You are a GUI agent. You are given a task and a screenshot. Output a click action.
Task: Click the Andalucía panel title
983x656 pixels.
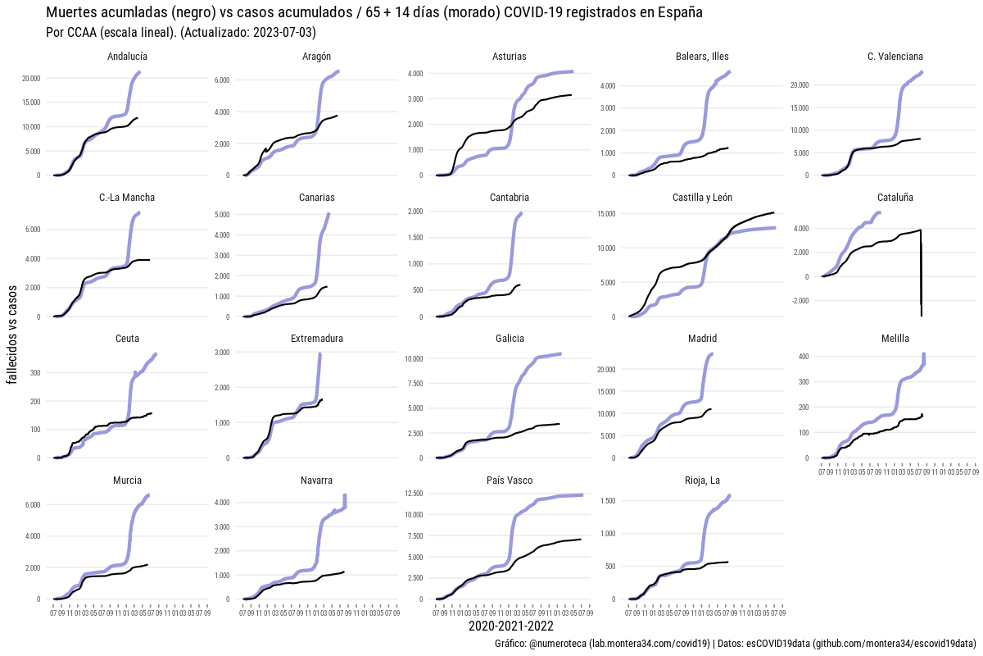click(127, 57)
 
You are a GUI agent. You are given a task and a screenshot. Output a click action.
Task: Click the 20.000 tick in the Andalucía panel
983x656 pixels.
click(30, 79)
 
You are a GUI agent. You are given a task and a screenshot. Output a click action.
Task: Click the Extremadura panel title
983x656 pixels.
click(317, 339)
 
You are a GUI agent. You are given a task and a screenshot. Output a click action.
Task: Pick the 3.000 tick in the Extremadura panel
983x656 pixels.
click(222, 352)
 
